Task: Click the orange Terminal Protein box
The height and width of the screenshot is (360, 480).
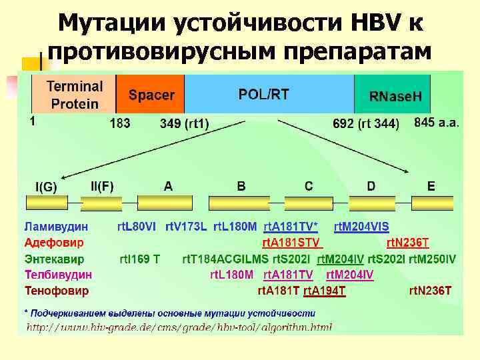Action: (74, 95)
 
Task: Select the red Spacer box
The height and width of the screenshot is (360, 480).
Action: (151, 95)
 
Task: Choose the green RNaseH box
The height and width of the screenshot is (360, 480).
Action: (395, 96)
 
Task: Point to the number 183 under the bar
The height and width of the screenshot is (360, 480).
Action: (120, 123)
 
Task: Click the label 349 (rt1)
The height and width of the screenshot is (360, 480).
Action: (185, 123)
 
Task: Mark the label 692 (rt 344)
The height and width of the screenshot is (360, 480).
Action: (366, 123)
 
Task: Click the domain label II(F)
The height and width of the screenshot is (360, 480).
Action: (102, 186)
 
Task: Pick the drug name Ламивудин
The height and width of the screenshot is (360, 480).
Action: (57, 227)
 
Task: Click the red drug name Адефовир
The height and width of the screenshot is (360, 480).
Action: (53, 243)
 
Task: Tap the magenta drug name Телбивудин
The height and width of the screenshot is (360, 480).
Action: (59, 275)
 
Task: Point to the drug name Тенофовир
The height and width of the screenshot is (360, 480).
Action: (57, 291)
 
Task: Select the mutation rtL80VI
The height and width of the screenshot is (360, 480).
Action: (137, 227)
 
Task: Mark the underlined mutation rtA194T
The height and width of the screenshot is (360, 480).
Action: (324, 291)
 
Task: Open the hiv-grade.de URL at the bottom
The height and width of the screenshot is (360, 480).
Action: (179, 327)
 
